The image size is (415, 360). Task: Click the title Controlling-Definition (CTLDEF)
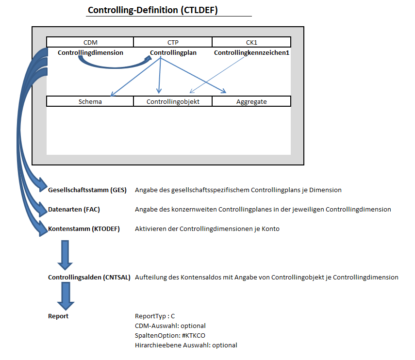pyautogui.click(x=153, y=10)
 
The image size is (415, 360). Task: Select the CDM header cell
pyautogui.click(x=90, y=42)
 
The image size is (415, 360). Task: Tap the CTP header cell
pyautogui.click(x=173, y=42)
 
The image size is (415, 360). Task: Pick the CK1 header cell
pyautogui.click(x=251, y=42)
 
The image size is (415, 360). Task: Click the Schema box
pyautogui.click(x=90, y=101)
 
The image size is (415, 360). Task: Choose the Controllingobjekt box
pyautogui.click(x=173, y=101)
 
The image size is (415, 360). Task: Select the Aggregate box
pyautogui.click(x=251, y=101)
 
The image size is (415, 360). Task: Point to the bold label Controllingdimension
pyautogui.click(x=90, y=52)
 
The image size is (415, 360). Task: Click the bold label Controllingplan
pyautogui.click(x=173, y=52)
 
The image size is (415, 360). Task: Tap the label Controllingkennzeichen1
pyautogui.click(x=251, y=52)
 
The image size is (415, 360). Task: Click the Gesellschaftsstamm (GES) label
pyautogui.click(x=87, y=190)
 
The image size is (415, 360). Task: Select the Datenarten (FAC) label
pyautogui.click(x=74, y=209)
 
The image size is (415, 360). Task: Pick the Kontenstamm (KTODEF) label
pyautogui.click(x=84, y=229)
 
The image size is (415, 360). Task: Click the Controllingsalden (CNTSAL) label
pyautogui.click(x=89, y=277)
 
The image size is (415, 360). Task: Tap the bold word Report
pyautogui.click(x=58, y=316)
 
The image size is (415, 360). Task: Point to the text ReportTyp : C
pyautogui.click(x=155, y=316)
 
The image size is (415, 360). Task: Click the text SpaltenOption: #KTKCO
pyautogui.click(x=170, y=335)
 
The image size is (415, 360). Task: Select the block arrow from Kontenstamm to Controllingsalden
pyautogui.click(x=65, y=255)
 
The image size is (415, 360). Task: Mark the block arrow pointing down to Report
pyautogui.click(x=66, y=296)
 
